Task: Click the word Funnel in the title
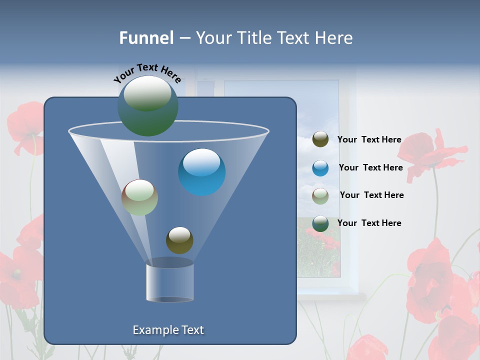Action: click(146, 38)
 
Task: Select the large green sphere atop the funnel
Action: click(147, 105)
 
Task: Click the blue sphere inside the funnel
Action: click(201, 172)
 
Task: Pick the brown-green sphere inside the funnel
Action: click(139, 197)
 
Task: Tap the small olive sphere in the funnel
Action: click(179, 240)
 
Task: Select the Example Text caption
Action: click(168, 330)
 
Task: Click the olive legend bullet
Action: click(320, 139)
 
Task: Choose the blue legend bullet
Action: click(320, 168)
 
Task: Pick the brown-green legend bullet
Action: click(320, 195)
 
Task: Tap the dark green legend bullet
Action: click(320, 223)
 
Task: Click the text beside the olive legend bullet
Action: click(369, 139)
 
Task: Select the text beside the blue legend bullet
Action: click(370, 167)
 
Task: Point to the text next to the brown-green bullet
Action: click(371, 195)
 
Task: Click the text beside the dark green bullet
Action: click(369, 223)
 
